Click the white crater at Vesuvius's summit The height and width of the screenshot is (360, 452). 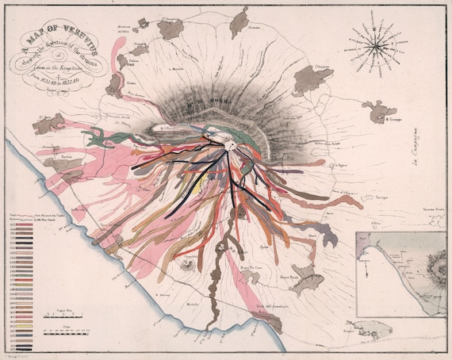pyautogui.click(x=231, y=144)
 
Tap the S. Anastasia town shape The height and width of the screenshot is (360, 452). pyautogui.click(x=170, y=29)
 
